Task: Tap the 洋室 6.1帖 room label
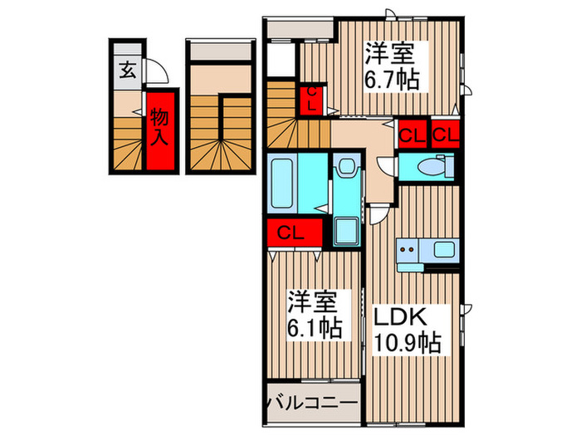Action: (x=314, y=313)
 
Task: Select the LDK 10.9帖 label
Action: (x=405, y=328)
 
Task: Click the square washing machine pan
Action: (x=346, y=229)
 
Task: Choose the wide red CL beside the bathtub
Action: (x=290, y=232)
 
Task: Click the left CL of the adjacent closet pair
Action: (x=411, y=134)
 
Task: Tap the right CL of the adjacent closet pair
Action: (x=444, y=134)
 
